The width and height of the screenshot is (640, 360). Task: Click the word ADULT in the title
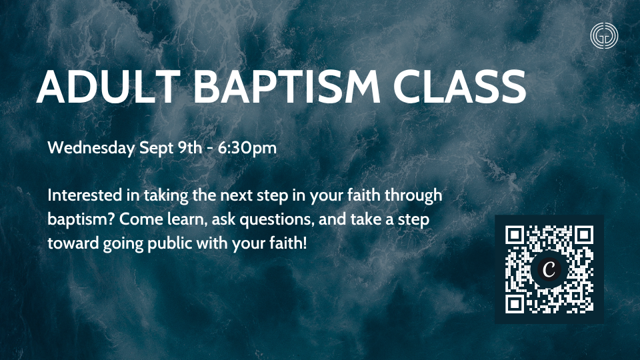point(109,87)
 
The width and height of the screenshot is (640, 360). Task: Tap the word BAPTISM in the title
point(287,87)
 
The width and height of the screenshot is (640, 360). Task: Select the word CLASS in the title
point(459,87)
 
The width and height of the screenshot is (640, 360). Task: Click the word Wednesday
point(91,148)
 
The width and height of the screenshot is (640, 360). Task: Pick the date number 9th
point(190,147)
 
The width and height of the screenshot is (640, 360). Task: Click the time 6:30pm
point(247,149)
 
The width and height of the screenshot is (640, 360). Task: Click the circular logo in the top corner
point(604,36)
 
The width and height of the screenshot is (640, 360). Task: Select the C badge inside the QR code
point(549,269)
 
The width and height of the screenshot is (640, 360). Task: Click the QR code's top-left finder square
point(515,235)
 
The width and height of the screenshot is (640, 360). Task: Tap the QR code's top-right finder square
point(584,235)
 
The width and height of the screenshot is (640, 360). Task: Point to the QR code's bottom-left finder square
point(515,304)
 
